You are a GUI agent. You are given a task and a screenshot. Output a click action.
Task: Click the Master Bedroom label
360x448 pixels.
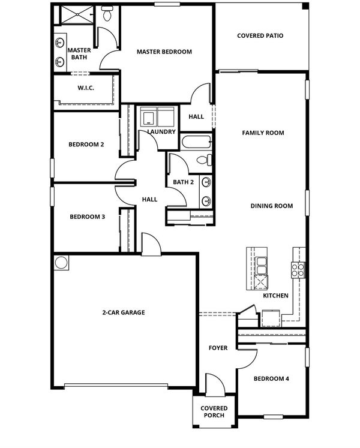click(x=164, y=52)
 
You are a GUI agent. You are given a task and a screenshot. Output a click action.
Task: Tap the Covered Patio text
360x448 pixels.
click(x=260, y=36)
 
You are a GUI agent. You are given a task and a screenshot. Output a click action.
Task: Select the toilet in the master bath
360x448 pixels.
click(x=107, y=14)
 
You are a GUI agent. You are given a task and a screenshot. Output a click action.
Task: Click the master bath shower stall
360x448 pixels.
click(x=77, y=15)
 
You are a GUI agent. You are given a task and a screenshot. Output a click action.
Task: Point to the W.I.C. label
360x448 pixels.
click(x=86, y=88)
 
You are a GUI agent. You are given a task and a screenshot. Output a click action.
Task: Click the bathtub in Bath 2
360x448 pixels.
click(x=196, y=142)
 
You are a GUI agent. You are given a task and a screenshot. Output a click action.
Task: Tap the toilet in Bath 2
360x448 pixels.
click(x=205, y=160)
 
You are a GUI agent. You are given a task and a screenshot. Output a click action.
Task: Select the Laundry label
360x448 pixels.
click(x=161, y=132)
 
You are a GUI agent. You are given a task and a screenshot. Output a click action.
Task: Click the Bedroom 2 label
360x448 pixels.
click(x=86, y=145)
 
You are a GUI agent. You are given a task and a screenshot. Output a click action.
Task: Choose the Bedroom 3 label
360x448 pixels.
click(x=87, y=217)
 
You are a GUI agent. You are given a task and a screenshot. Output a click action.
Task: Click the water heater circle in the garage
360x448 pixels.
click(x=61, y=263)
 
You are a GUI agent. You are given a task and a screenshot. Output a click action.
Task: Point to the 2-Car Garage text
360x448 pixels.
click(x=124, y=312)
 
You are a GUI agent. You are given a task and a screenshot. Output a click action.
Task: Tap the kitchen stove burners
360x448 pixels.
click(x=298, y=270)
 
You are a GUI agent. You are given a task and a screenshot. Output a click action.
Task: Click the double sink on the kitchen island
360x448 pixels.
click(x=261, y=266)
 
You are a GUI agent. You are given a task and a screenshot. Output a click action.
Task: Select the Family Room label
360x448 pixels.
click(x=263, y=133)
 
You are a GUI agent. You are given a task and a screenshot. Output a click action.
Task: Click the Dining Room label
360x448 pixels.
click(x=272, y=206)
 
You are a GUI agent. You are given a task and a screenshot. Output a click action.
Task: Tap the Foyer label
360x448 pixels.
click(x=218, y=348)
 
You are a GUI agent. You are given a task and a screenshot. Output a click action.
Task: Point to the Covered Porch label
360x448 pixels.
click(x=214, y=411)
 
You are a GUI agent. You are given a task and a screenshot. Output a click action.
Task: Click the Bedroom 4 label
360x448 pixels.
click(x=271, y=379)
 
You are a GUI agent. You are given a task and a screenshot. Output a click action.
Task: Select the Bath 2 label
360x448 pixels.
click(x=183, y=182)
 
